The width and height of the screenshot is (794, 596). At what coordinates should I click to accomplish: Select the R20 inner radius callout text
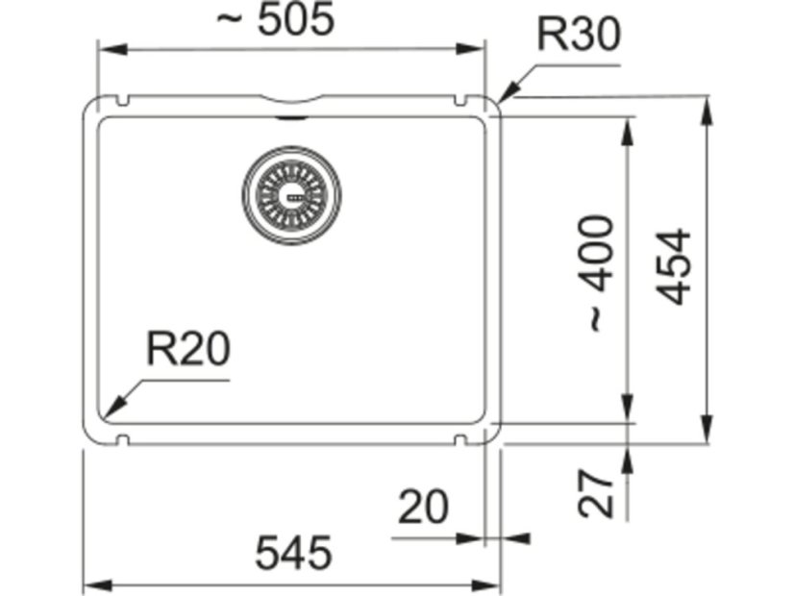pos(188,349)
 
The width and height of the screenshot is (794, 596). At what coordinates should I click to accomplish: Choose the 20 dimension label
pos(423,507)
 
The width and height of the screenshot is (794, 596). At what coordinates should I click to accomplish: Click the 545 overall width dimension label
pos(293,553)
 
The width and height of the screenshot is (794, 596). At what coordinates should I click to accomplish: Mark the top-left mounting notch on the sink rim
pos(123,100)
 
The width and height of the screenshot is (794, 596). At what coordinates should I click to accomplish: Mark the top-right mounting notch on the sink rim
pos(459,100)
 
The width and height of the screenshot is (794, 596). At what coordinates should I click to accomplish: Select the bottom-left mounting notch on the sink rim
pos(123,440)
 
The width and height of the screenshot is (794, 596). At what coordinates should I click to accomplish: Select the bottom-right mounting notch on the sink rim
pos(459,440)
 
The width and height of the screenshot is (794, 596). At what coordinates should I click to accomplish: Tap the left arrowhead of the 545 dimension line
pos(89,584)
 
